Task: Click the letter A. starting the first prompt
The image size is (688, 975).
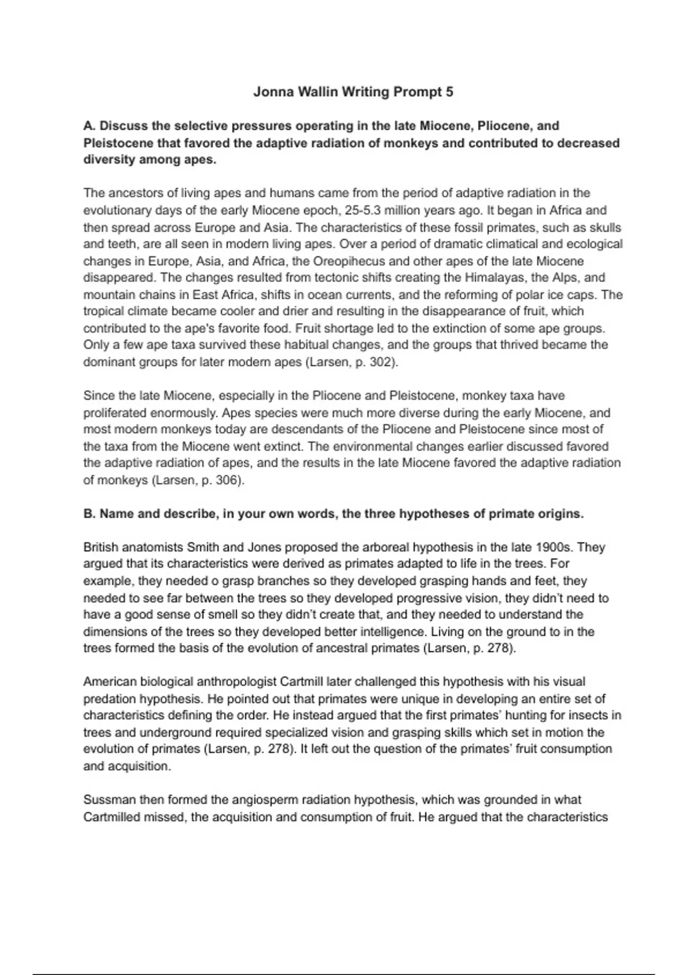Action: (x=89, y=126)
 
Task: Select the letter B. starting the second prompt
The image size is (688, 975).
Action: (x=89, y=514)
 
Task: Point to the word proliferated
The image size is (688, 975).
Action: (x=115, y=413)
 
